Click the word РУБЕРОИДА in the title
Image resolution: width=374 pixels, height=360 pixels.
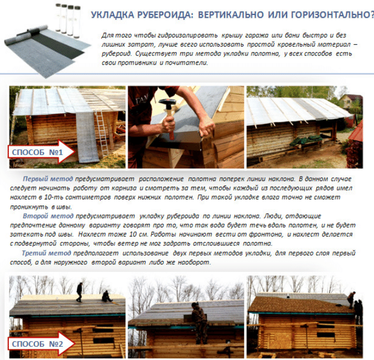[164, 15]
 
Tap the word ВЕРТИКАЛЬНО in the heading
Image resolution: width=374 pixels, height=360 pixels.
[231, 15]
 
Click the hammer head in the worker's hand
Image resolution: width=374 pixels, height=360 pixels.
[167, 102]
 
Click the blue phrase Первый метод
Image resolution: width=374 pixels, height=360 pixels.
[48, 179]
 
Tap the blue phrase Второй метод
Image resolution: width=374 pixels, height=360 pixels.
[48, 216]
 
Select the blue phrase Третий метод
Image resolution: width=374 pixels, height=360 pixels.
[46, 253]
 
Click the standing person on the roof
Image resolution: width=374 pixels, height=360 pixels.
[79, 292]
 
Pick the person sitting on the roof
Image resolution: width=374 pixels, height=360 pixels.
[106, 297]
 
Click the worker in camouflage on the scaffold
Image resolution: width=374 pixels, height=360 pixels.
[199, 323]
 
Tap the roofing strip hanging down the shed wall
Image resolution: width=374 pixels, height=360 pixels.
[87, 137]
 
